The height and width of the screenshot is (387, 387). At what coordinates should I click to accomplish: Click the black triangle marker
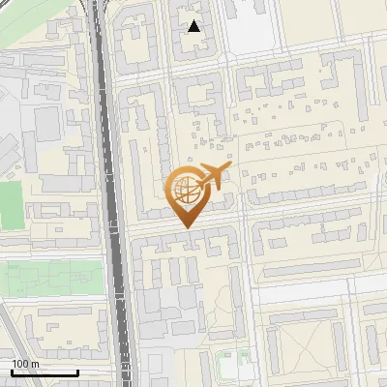pyautogui.click(x=194, y=26)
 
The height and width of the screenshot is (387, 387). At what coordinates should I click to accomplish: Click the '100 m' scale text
pyautogui.click(x=26, y=364)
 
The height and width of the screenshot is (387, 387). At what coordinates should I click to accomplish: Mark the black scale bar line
pyautogui.click(x=45, y=372)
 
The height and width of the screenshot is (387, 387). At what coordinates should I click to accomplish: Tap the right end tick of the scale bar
pyautogui.click(x=77, y=371)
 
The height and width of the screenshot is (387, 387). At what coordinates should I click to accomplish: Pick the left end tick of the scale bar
pyautogui.click(x=12, y=371)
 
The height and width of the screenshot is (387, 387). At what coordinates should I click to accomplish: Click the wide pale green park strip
pyautogui.click(x=53, y=278)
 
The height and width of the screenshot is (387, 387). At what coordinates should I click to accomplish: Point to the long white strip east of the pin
pyautogui.click(x=319, y=289)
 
